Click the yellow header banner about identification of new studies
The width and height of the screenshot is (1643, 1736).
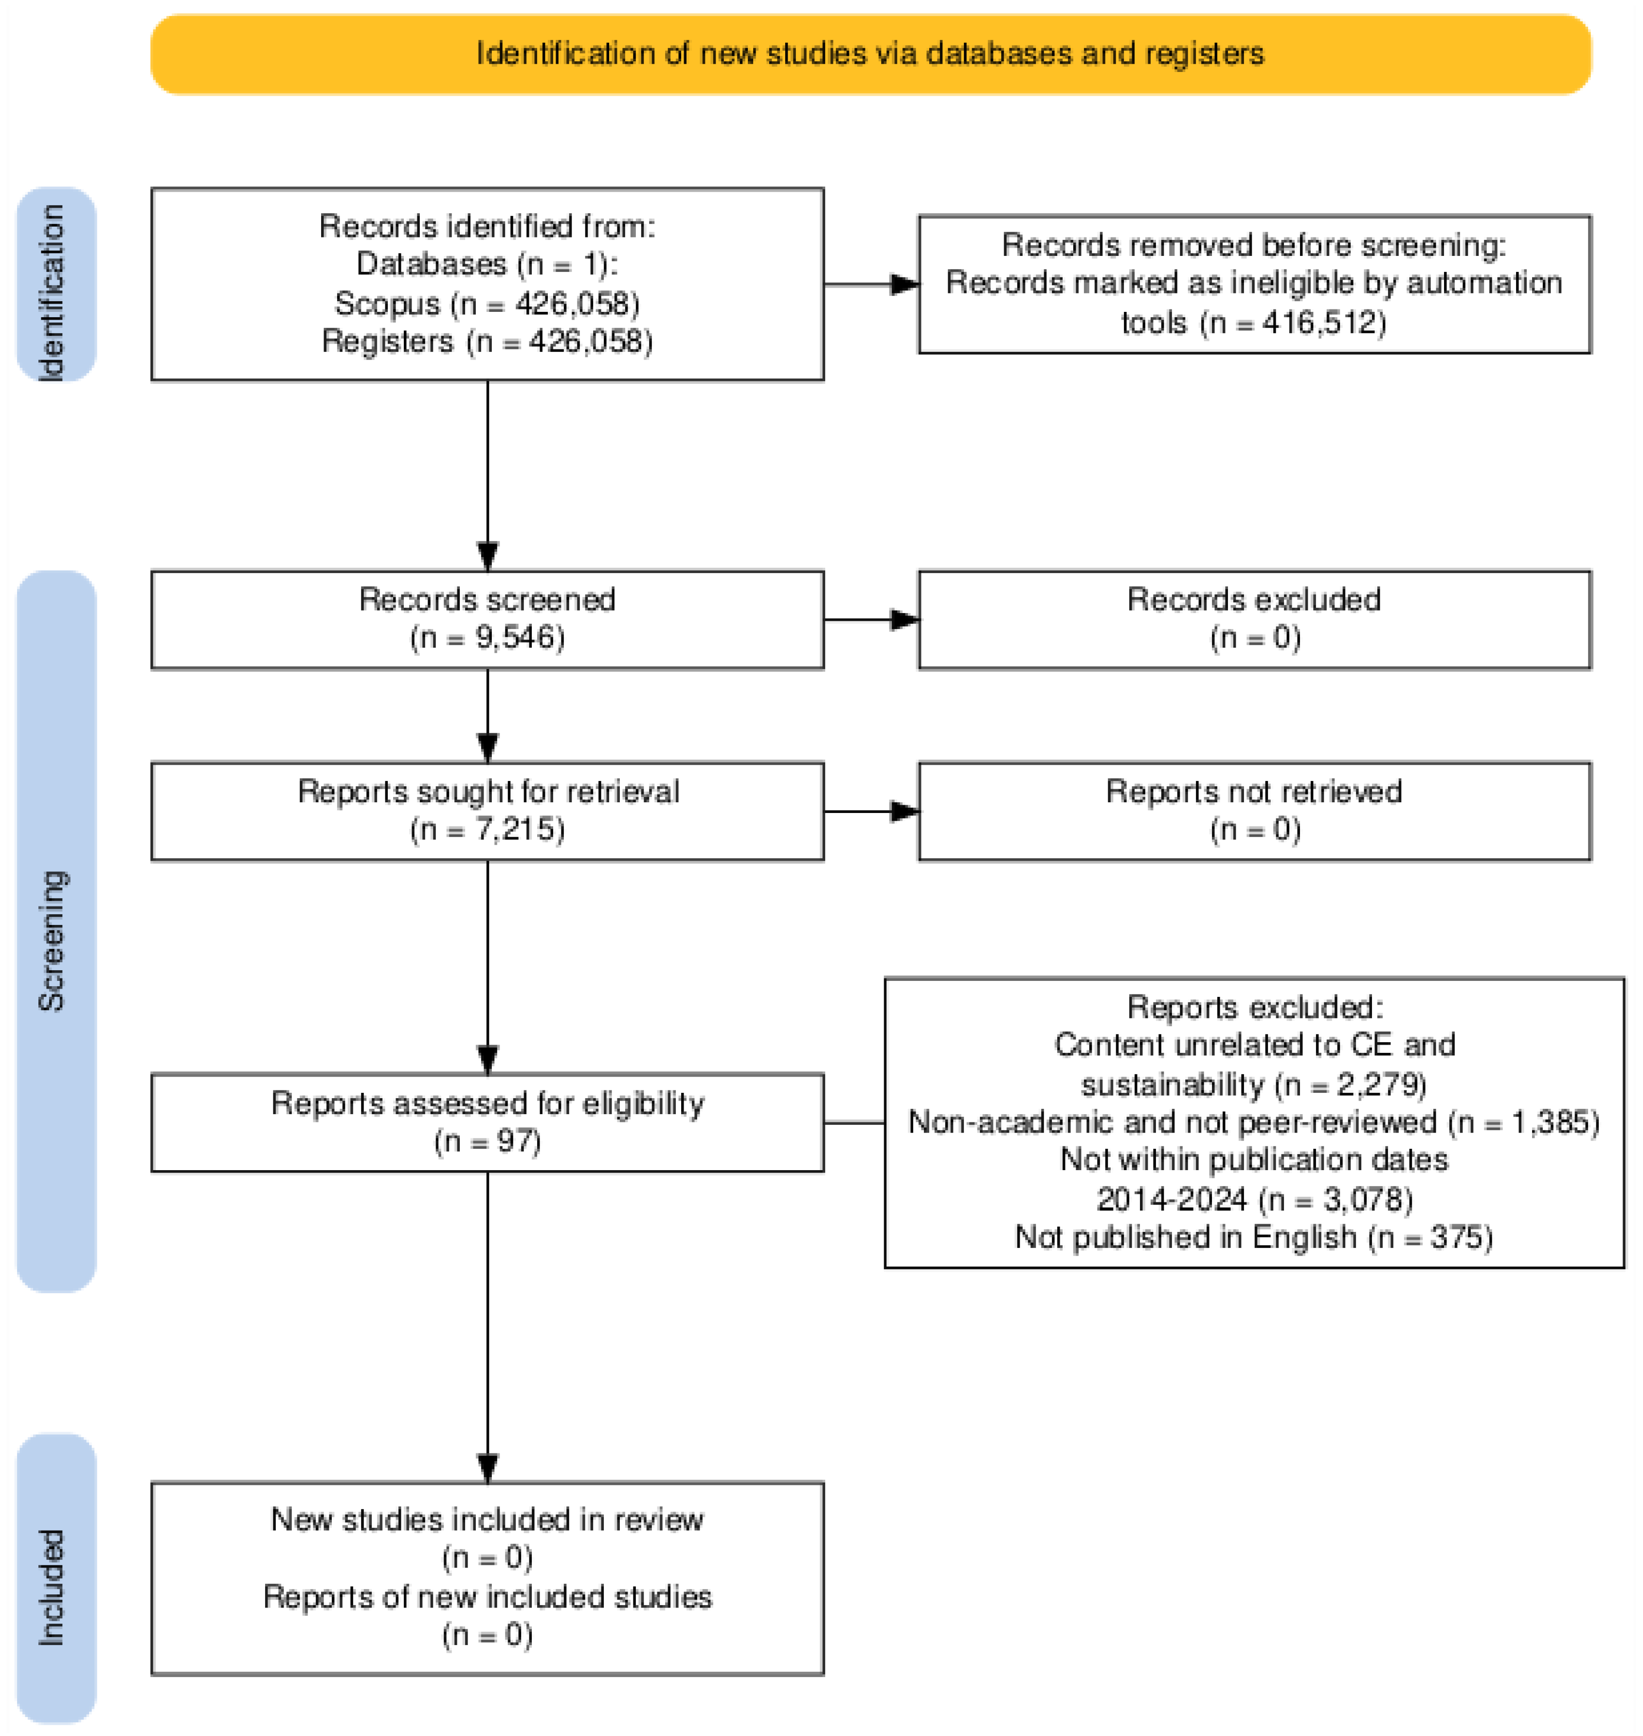point(870,54)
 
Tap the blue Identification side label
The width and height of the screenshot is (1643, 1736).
point(55,285)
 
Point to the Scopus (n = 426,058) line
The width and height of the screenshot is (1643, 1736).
point(487,303)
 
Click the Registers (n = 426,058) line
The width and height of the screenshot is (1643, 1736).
point(487,341)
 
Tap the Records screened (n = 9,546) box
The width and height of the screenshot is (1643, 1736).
point(487,619)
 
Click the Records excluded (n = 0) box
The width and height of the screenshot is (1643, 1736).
point(1254,619)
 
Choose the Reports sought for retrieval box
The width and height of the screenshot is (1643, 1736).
point(487,811)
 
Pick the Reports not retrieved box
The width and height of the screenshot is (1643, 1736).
point(1254,811)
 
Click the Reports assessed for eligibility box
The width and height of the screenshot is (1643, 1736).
point(487,1122)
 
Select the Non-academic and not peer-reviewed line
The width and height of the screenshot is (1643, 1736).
point(1254,1122)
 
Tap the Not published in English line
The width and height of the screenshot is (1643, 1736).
point(1254,1237)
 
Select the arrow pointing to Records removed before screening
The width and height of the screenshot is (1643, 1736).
point(871,285)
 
